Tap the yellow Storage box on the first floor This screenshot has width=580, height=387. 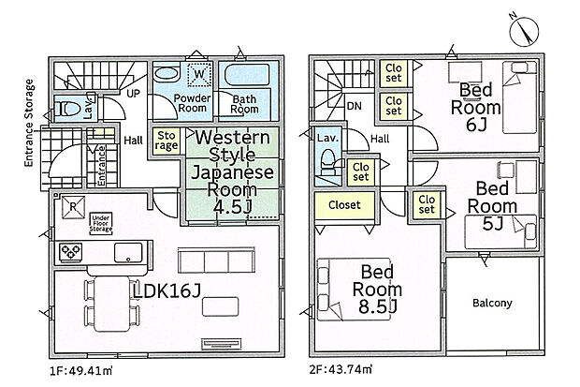166,141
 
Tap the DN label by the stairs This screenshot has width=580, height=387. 356,108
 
